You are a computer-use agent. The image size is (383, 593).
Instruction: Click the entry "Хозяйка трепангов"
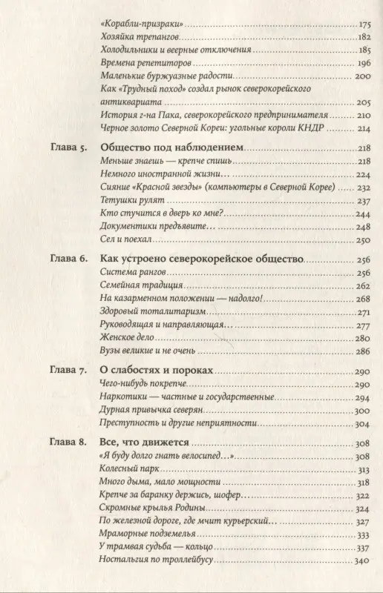(x=139, y=36)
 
